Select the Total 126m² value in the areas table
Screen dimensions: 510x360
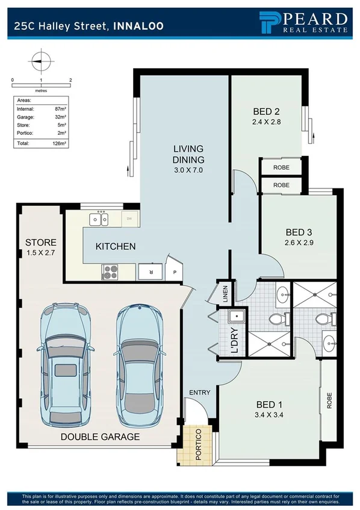tap(59, 144)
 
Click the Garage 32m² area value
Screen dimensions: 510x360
tap(59, 117)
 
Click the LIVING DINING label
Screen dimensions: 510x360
tap(188, 154)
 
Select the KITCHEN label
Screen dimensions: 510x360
tap(116, 246)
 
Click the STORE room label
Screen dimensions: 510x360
tap(40, 243)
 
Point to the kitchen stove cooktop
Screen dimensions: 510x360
tap(110, 272)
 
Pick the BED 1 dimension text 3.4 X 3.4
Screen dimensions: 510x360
tap(268, 414)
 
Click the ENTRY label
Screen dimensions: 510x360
tap(199, 393)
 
